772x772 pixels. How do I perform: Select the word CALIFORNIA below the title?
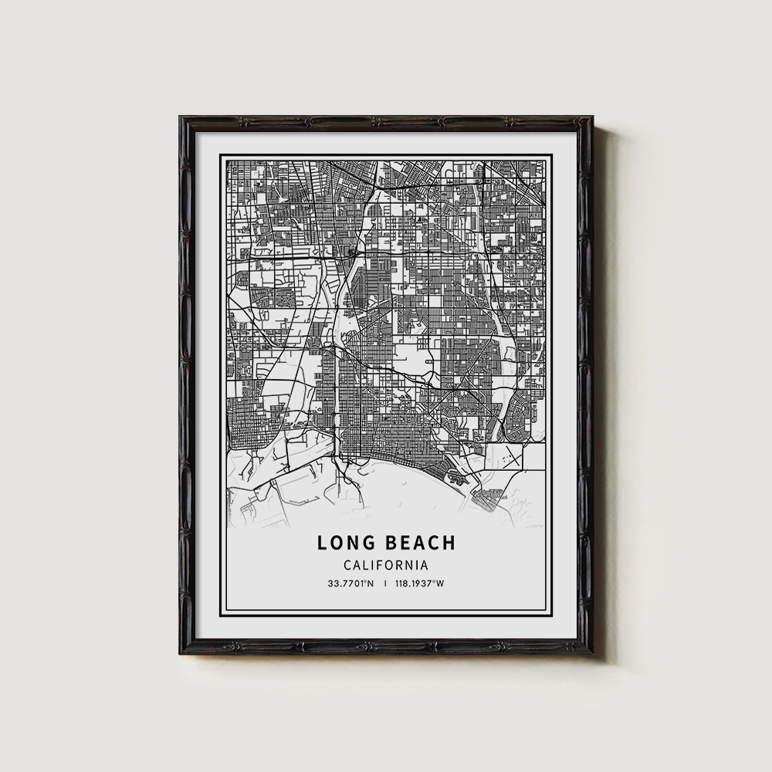[x=386, y=565]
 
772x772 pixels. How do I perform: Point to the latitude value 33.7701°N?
[x=350, y=584]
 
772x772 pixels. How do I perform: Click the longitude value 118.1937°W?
[x=419, y=584]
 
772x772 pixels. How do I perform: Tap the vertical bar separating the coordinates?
[x=384, y=584]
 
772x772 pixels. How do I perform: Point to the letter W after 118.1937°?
[x=441, y=584]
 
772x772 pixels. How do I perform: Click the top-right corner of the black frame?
[x=591, y=118]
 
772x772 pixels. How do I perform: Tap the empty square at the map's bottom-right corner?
[x=533, y=459]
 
